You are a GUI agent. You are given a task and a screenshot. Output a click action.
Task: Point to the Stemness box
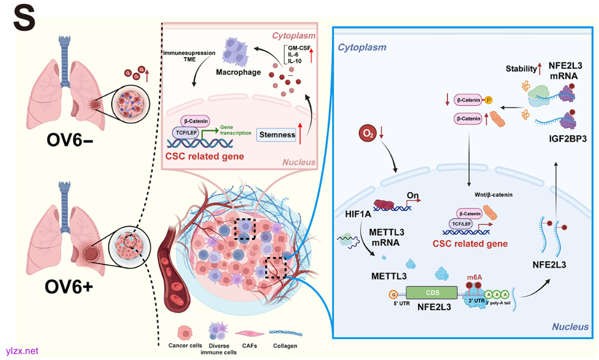[x=277, y=134]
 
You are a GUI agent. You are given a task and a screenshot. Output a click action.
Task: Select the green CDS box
[x=431, y=292]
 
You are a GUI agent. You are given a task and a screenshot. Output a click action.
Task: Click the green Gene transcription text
[x=235, y=130]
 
